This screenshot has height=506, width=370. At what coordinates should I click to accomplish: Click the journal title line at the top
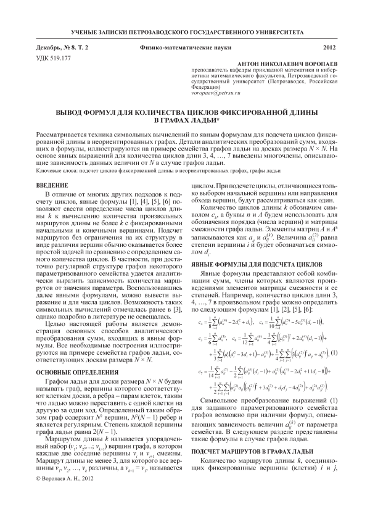click(x=184, y=30)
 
